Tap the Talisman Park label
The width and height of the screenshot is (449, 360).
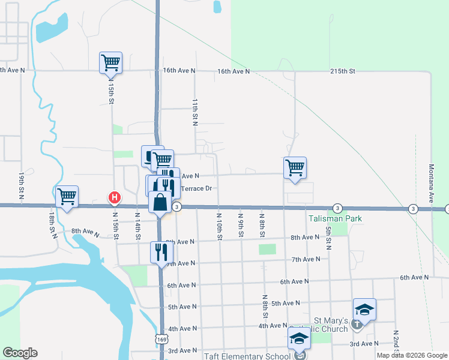coord(336,219)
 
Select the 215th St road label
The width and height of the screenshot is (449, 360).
coord(343,71)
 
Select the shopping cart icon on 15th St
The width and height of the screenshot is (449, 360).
coord(110,62)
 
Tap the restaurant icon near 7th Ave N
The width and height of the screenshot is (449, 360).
coord(160,251)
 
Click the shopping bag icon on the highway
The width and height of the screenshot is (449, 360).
coord(160,203)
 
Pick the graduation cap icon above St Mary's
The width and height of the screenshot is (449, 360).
coord(364,309)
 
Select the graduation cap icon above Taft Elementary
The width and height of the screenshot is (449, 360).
coord(299,337)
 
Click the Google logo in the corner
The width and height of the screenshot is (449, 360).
coord(20,353)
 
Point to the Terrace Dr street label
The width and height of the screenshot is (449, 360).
coord(197,188)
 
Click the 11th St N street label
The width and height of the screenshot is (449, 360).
coord(194,112)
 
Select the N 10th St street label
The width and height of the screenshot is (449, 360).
coord(220,226)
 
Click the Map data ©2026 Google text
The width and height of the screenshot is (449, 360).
coord(411,355)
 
